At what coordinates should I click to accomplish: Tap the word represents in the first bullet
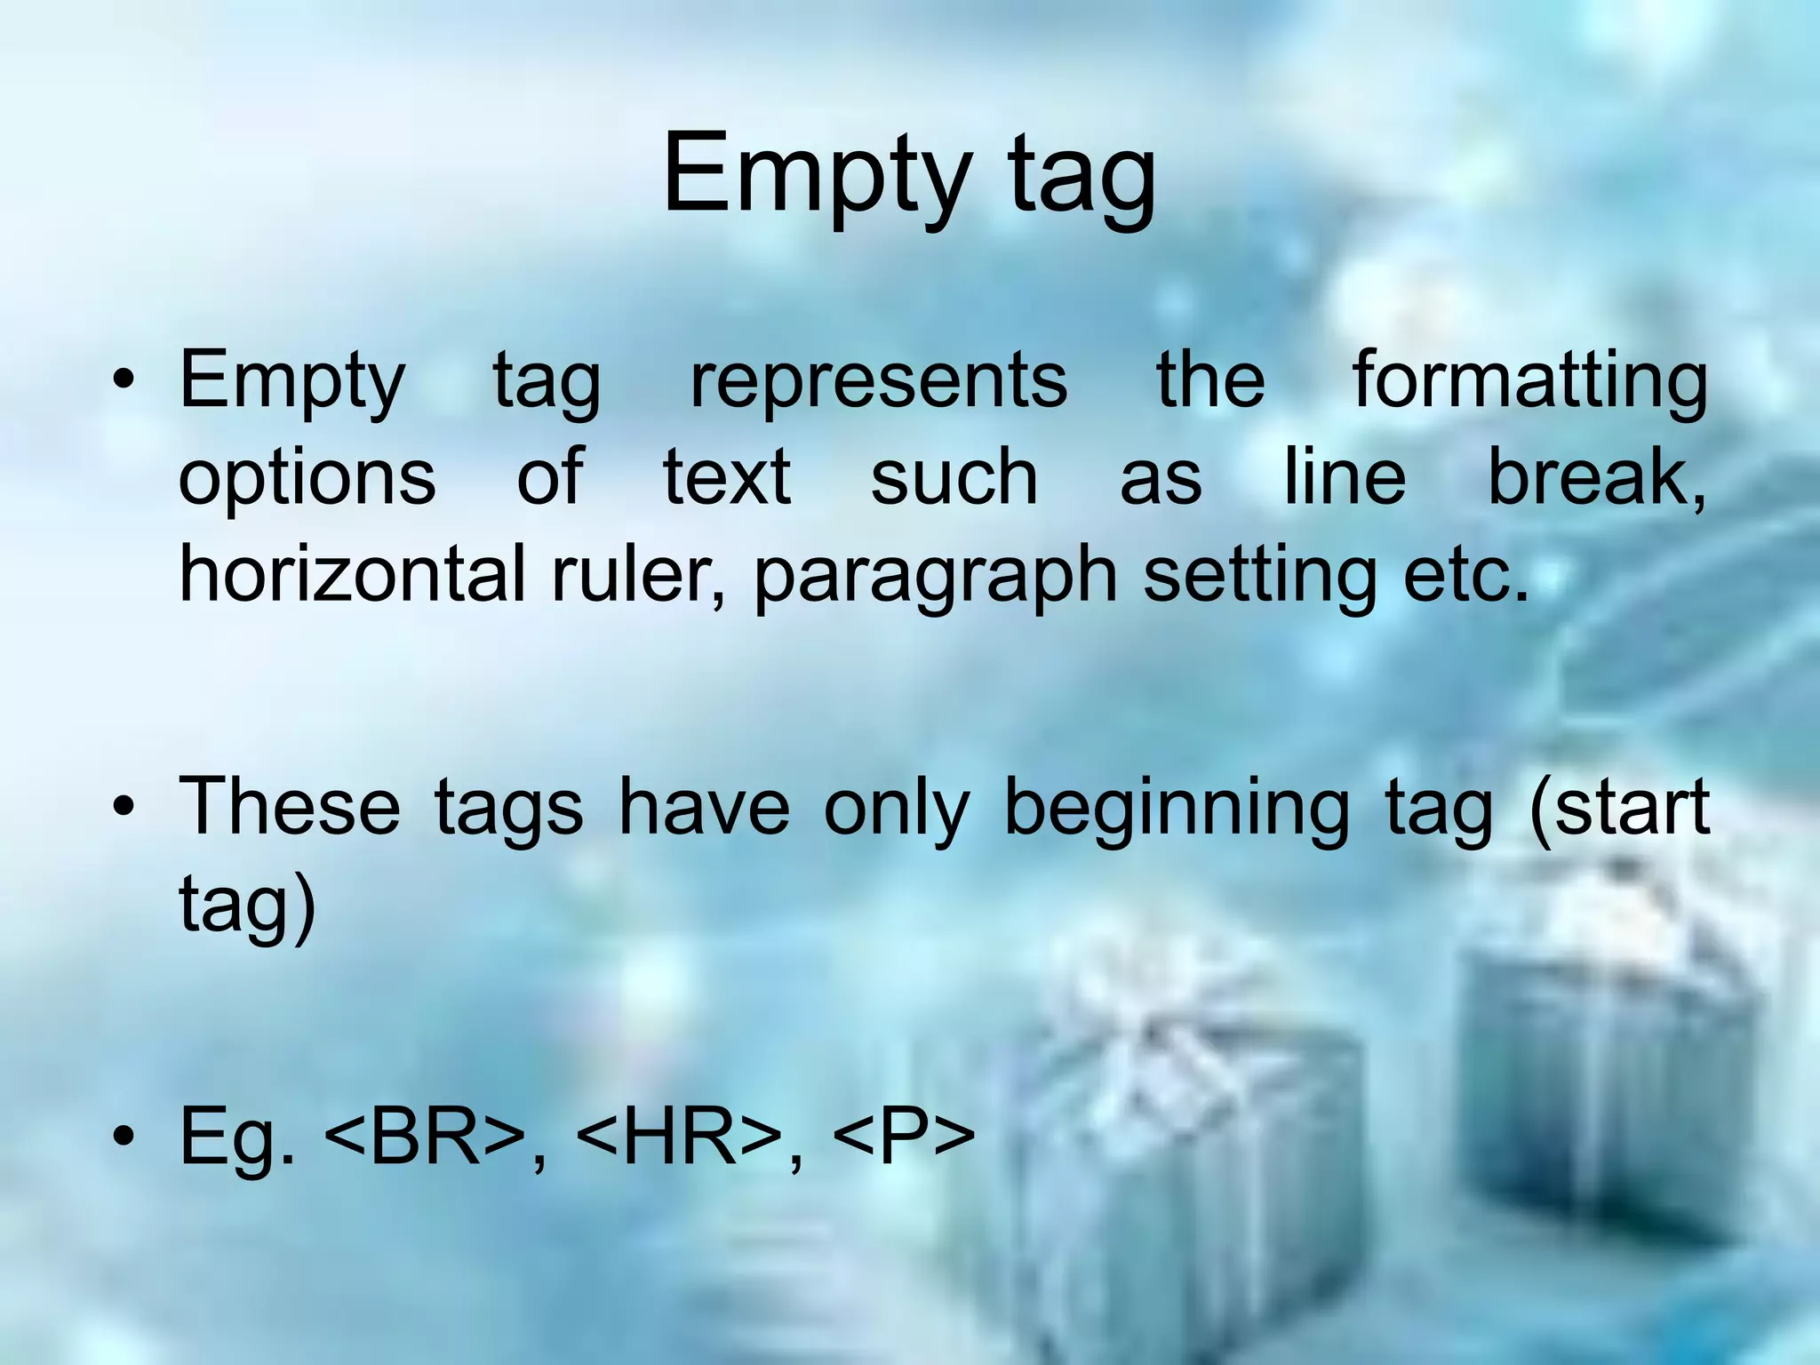point(879,380)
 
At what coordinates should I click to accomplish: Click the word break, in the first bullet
point(1597,477)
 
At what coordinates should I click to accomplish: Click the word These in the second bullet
point(290,807)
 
